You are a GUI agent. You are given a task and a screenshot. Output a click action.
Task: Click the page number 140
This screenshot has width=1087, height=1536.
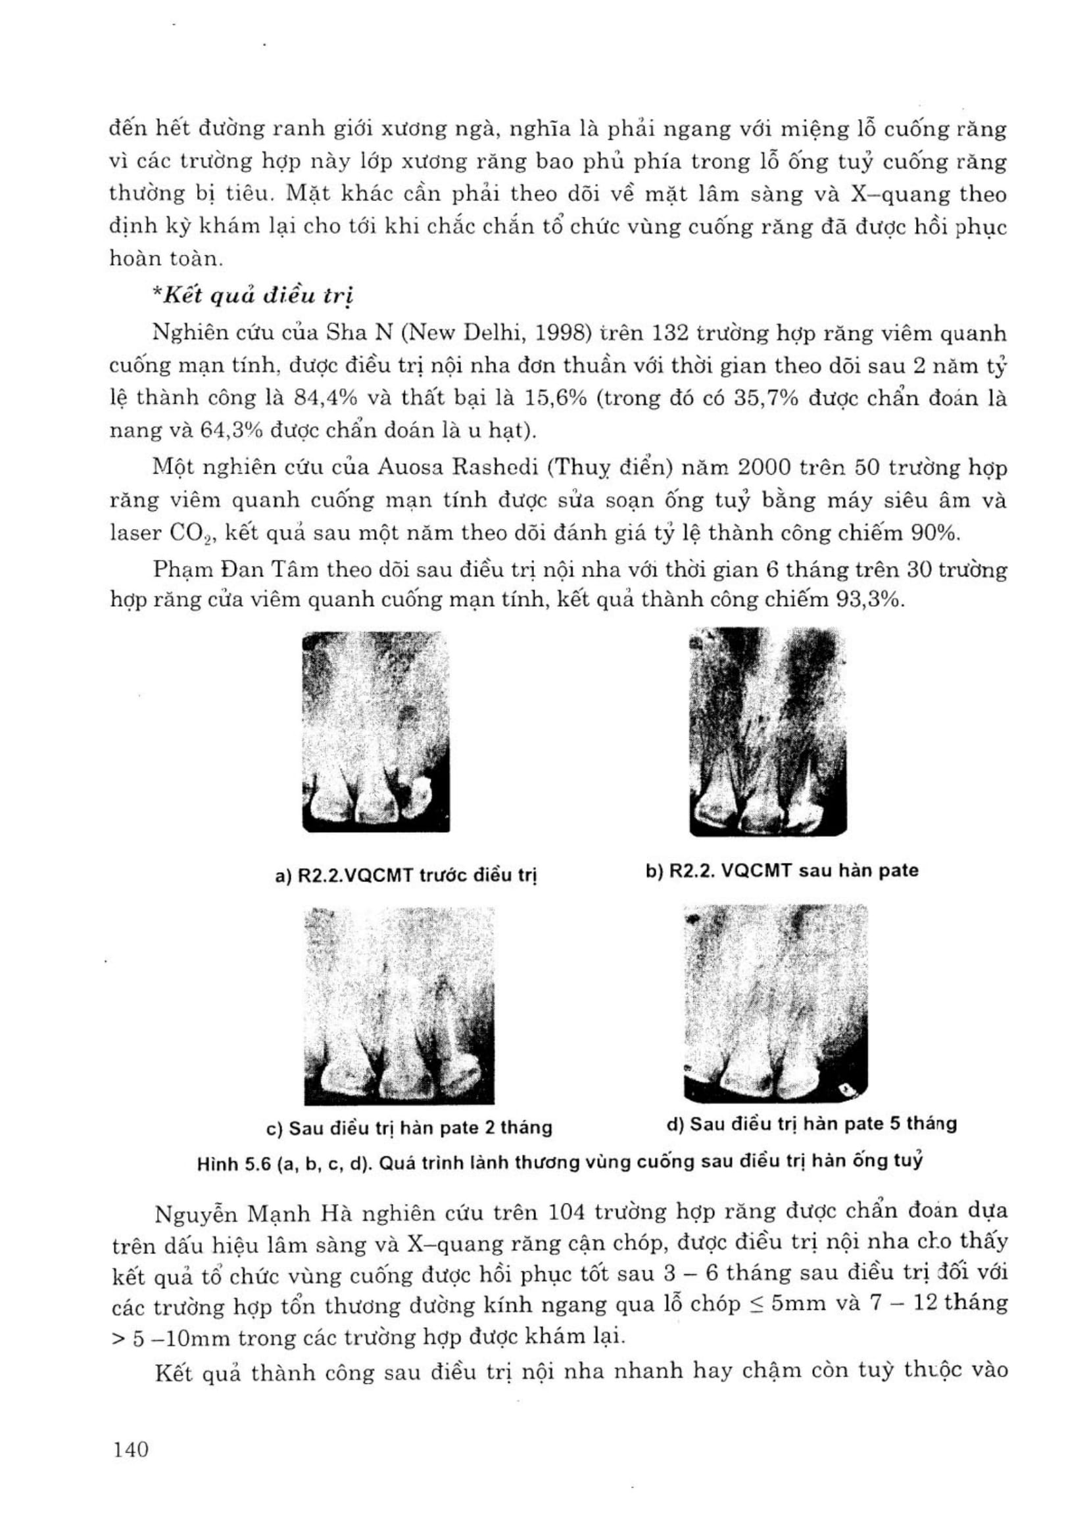pyautogui.click(x=130, y=1451)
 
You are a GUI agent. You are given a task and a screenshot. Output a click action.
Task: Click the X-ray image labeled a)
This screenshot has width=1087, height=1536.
pyautogui.click(x=375, y=732)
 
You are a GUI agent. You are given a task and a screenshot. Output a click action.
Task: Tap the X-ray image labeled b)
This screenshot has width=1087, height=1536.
pyautogui.click(x=767, y=732)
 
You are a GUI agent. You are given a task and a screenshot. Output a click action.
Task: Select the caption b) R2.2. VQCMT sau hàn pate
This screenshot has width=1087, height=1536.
pyautogui.click(x=782, y=870)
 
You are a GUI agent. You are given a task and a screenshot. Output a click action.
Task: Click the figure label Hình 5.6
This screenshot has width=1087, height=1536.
pyautogui.click(x=233, y=1164)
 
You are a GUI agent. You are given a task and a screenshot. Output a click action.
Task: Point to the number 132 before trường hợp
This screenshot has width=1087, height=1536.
pyautogui.click(x=671, y=333)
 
